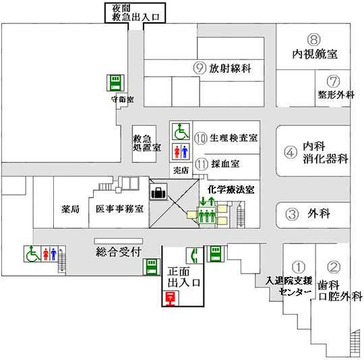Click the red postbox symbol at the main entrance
(x=171, y=299)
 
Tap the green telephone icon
(x=195, y=256)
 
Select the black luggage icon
(x=158, y=192)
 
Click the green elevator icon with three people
(x=207, y=215)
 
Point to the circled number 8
(x=314, y=40)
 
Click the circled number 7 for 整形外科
(x=334, y=82)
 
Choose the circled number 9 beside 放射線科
(x=200, y=68)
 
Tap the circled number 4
(x=291, y=152)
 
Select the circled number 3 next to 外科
(x=292, y=214)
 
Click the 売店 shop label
(x=181, y=171)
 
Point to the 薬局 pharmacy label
(x=70, y=209)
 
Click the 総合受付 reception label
(x=119, y=252)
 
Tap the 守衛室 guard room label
(x=123, y=100)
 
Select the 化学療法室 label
(x=231, y=190)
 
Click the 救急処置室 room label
(x=147, y=144)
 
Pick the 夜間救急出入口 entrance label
(x=135, y=13)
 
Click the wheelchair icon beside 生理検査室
(x=181, y=131)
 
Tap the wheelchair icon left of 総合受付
(x=32, y=254)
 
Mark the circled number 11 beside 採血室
(x=202, y=164)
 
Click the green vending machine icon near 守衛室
(x=115, y=83)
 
